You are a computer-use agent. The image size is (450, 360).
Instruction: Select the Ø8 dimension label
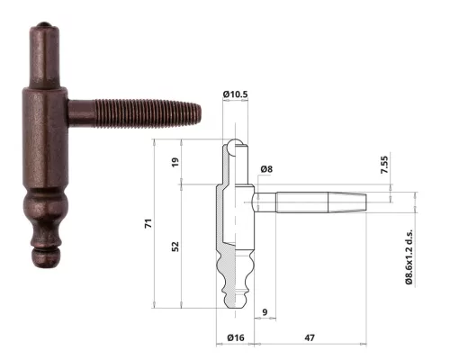click(267, 169)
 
